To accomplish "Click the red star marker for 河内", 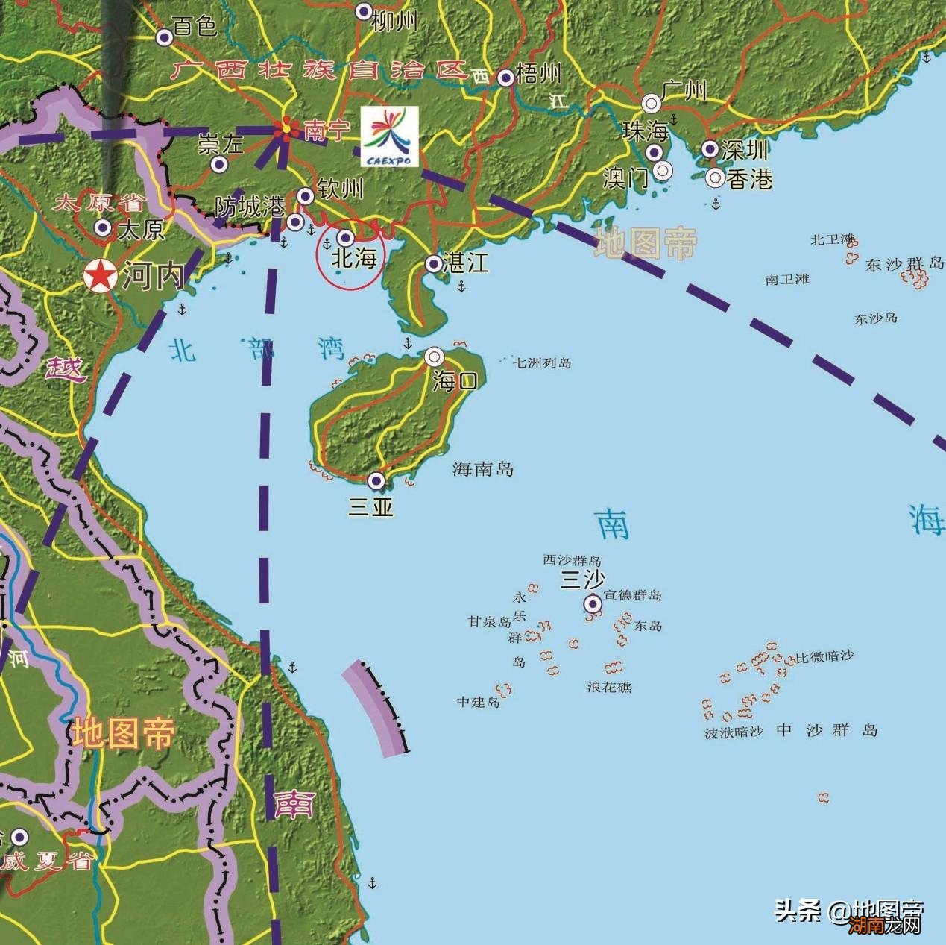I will pyautogui.click(x=99, y=275).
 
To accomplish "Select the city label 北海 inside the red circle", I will pyautogui.click(x=353, y=259).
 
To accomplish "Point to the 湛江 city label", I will pyautogui.click(x=466, y=263).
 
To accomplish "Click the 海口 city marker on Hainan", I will pyautogui.click(x=435, y=357).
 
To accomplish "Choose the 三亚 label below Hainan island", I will pyautogui.click(x=370, y=507).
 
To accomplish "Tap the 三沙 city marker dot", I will pyautogui.click(x=593, y=603).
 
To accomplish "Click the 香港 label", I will pyautogui.click(x=749, y=179).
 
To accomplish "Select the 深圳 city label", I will pyautogui.click(x=745, y=150).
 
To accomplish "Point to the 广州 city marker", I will pyautogui.click(x=652, y=102).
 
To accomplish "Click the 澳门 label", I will pyautogui.click(x=625, y=178).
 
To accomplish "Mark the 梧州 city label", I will pyautogui.click(x=538, y=74).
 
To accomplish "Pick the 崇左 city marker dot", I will pyautogui.click(x=218, y=164).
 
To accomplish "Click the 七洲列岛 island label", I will pyautogui.click(x=542, y=363).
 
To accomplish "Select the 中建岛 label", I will pyautogui.click(x=478, y=702).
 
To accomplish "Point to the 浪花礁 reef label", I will pyautogui.click(x=608, y=687).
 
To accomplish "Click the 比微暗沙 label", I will pyautogui.click(x=824, y=656).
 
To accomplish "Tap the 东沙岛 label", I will pyautogui.click(x=875, y=318).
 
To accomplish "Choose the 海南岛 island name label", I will pyautogui.click(x=482, y=469).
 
